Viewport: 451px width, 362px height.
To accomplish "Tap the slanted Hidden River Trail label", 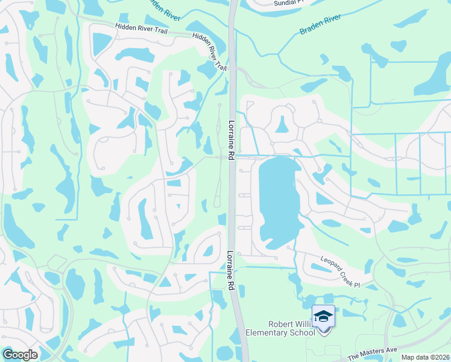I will [x=210, y=52].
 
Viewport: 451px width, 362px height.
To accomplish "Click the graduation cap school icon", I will [x=323, y=316].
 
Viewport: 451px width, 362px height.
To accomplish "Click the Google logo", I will [x=20, y=355].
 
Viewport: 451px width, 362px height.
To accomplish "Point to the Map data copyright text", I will [x=425, y=357].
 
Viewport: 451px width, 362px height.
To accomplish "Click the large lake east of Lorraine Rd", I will [x=277, y=199].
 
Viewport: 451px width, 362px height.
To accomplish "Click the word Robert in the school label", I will [x=279, y=323].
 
